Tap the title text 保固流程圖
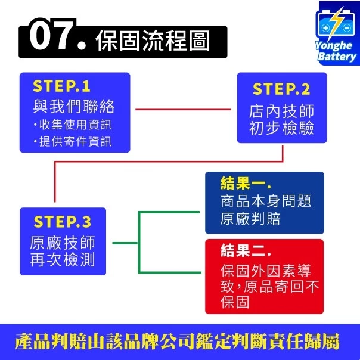tap(153, 41)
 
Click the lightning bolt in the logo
tap(336, 23)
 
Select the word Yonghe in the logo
tap(333, 46)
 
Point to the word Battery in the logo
tap(337, 57)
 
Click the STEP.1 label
tap(61, 86)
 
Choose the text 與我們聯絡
tap(74, 106)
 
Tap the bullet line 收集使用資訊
tap(73, 125)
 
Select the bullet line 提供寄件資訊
tap(73, 141)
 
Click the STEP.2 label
tap(281, 89)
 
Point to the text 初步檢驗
tap(281, 128)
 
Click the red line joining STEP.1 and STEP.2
tap(183, 110)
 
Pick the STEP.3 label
tap(63, 222)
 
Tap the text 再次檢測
tap(63, 260)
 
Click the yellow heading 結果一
tap(246, 184)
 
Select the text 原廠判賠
tap(250, 219)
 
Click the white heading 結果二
tap(246, 250)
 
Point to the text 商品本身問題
tap(266, 201)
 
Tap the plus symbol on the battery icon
tap(325, 28)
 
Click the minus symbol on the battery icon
tap(347, 28)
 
